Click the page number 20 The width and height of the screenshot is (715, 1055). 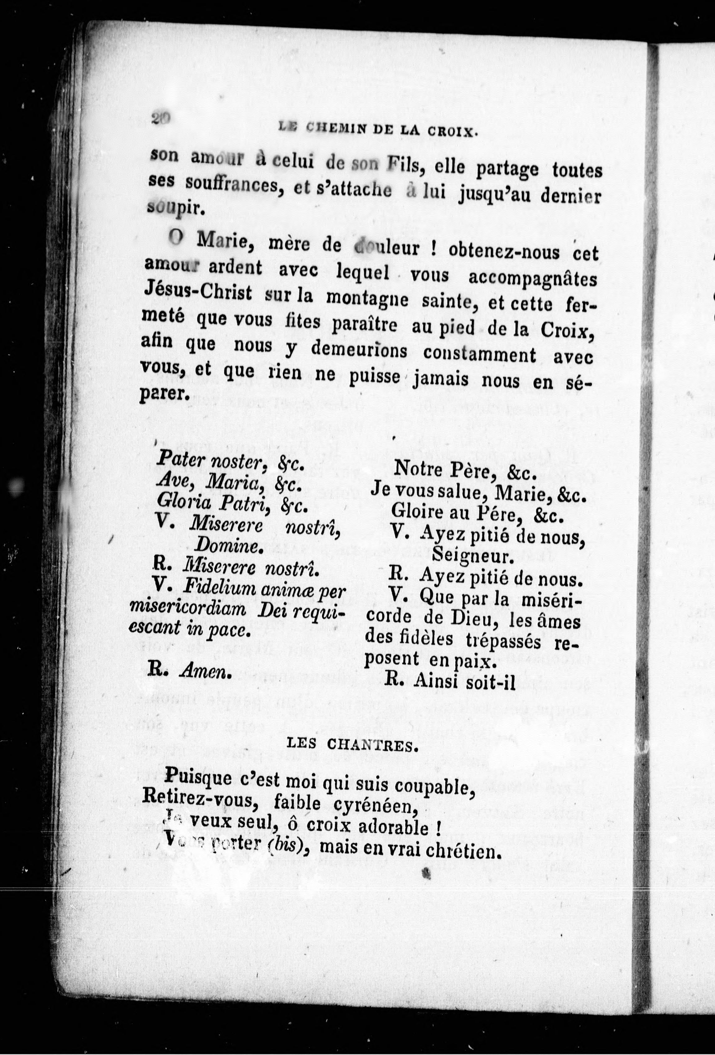click(x=161, y=119)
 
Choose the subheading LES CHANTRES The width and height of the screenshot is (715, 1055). click(x=352, y=747)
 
